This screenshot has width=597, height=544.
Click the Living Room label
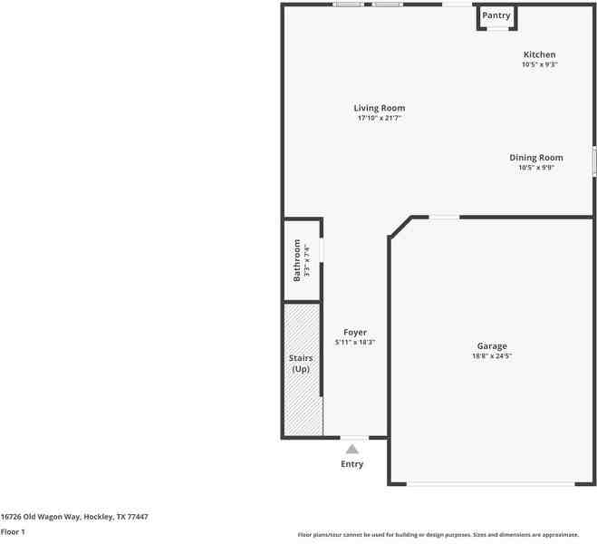379,108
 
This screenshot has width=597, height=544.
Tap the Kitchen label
539,54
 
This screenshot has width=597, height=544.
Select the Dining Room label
535,157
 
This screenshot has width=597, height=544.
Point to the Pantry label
496,15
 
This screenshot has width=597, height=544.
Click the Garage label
492,345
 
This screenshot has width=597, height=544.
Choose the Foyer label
355,332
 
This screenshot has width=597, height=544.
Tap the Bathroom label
296,260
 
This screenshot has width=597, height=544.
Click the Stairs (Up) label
301,364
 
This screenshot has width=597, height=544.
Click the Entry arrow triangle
352,448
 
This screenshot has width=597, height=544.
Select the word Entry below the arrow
352,464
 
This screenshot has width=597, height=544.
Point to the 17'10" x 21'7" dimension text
379,118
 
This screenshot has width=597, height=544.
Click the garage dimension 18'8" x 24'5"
492,355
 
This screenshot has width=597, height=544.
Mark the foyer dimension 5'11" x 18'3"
355,342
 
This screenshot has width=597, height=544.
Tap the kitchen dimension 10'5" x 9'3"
539,64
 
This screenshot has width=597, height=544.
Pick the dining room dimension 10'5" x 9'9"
535,167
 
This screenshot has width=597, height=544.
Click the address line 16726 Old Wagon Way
74,517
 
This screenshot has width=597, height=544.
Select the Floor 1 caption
13,531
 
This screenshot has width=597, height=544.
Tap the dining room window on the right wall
594,161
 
